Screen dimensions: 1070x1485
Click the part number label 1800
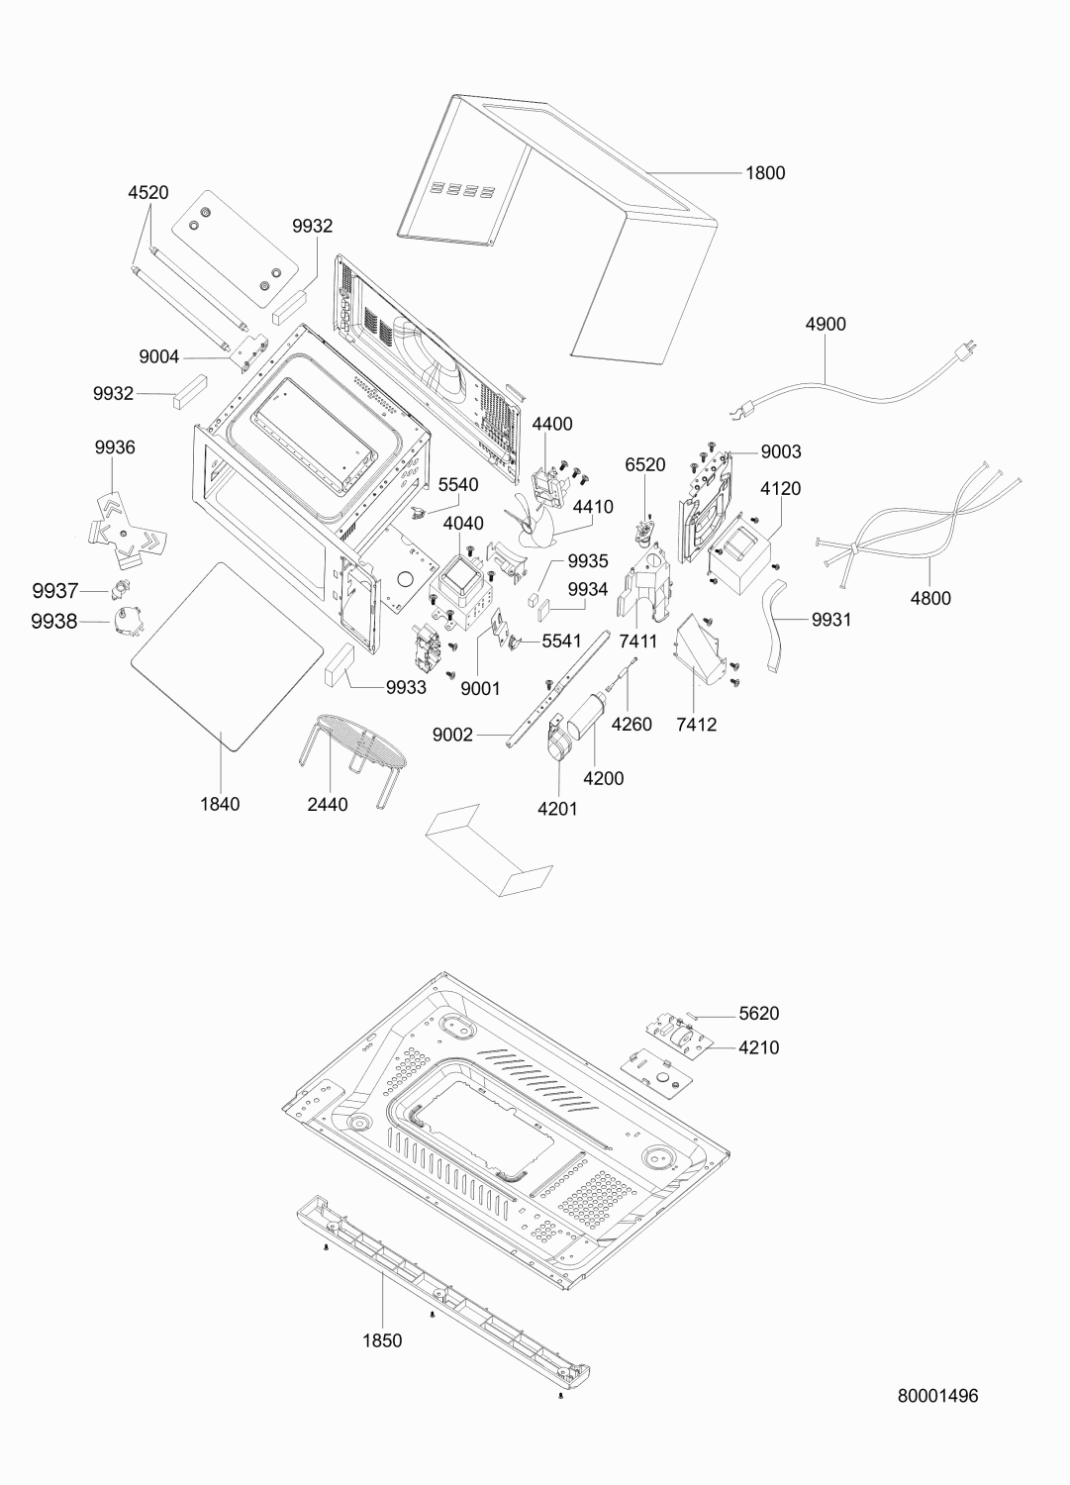point(765,173)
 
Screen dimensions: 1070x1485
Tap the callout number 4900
point(826,324)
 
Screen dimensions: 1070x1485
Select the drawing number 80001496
point(937,1396)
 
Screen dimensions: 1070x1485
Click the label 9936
point(115,447)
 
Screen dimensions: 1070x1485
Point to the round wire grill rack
point(352,755)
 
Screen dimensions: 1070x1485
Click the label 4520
point(147,193)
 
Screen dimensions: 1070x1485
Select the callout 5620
point(759,1013)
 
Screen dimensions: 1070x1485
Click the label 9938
point(53,622)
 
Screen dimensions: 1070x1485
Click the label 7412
point(696,725)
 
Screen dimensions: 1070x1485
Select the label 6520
point(645,464)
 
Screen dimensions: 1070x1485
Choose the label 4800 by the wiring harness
point(930,599)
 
